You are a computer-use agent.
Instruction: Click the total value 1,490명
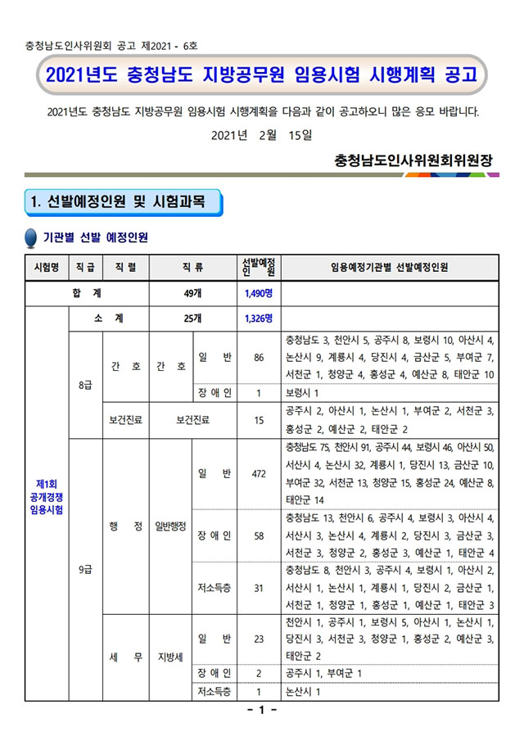point(258,293)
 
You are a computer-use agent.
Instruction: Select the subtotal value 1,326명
point(258,319)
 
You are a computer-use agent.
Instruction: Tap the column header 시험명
point(45,267)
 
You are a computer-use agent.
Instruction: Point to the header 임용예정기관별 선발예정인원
point(389,267)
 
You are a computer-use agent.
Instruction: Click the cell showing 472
point(259,474)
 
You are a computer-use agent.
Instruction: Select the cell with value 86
point(259,357)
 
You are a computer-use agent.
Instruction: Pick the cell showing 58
point(259,535)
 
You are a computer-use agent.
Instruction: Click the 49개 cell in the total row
point(193,293)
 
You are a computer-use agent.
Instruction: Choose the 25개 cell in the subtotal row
point(193,319)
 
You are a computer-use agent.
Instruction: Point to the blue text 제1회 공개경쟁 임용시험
point(45,496)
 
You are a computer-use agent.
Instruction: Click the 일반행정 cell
point(169,526)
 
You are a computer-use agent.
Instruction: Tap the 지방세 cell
point(169,656)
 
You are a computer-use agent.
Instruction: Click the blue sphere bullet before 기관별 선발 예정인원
point(32,238)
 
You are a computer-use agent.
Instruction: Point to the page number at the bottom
point(262,710)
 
